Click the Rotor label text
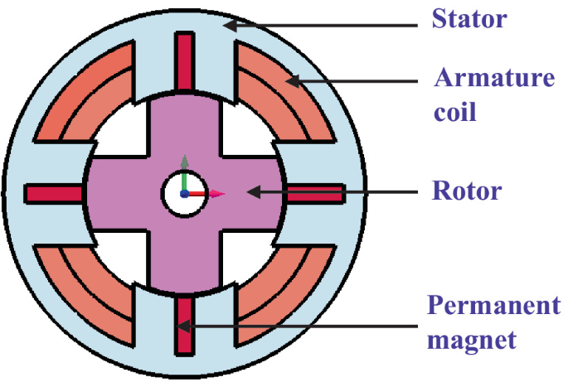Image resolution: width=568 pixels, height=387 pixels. (x=468, y=191)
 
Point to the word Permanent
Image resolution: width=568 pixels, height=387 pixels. (x=494, y=307)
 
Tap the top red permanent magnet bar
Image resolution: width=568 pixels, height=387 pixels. (x=185, y=63)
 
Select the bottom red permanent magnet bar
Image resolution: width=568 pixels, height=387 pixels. (x=185, y=325)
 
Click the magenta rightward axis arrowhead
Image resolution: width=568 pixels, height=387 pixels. (x=217, y=194)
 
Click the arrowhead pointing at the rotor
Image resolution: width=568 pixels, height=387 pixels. (x=250, y=192)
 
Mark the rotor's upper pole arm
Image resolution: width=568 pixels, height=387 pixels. (x=185, y=124)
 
